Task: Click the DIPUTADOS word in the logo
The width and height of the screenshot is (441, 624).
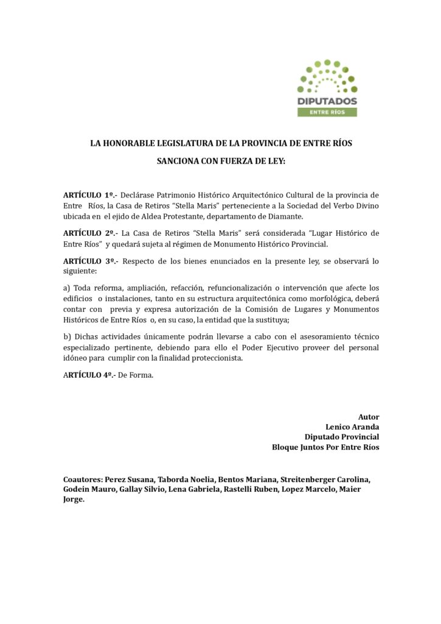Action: [327, 101]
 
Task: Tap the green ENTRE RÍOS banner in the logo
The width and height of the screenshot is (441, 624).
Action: [327, 112]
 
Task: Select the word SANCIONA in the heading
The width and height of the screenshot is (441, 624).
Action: [180, 162]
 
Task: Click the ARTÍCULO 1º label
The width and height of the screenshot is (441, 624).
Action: [89, 195]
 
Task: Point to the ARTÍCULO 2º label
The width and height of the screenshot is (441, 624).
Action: [89, 233]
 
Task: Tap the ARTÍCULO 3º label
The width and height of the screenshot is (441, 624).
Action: [89, 261]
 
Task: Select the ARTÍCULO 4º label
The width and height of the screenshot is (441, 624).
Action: [89, 375]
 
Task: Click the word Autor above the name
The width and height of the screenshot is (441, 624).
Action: [369, 417]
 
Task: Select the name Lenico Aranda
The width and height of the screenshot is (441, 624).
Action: [352, 427]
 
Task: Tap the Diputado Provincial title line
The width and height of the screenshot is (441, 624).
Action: [342, 437]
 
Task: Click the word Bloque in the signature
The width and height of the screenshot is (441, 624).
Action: [286, 447]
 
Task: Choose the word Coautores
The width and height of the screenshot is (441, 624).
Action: [83, 479]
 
